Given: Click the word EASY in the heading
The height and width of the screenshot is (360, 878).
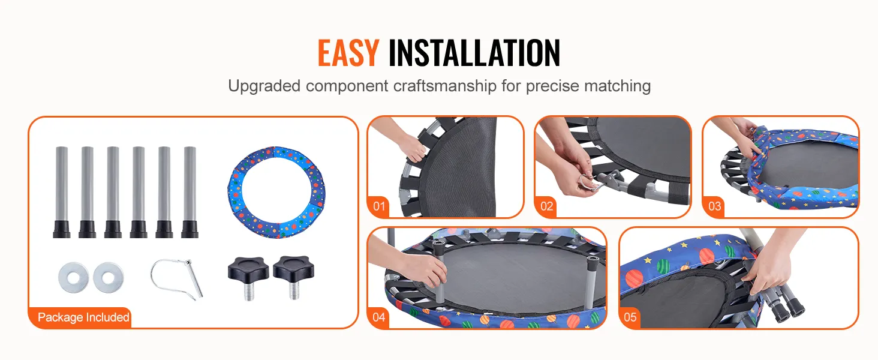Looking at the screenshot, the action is pyautogui.click(x=348, y=53).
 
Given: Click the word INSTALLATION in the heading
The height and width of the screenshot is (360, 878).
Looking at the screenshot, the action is pyautogui.click(x=474, y=53).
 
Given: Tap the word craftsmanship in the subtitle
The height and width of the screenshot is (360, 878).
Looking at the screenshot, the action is pyautogui.click(x=445, y=86).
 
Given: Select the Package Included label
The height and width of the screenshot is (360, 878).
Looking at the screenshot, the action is pyautogui.click(x=83, y=317).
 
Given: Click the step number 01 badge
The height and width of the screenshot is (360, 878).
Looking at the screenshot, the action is pyautogui.click(x=379, y=206).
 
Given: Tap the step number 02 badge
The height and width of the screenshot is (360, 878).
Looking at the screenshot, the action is pyautogui.click(x=546, y=206).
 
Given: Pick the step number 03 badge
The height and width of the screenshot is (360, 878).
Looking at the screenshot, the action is pyautogui.click(x=714, y=206).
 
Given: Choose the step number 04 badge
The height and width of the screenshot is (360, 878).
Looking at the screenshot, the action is pyautogui.click(x=379, y=317).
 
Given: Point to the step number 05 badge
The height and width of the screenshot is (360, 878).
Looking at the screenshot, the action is pyautogui.click(x=630, y=317).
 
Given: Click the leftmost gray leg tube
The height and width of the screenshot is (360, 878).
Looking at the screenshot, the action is pyautogui.click(x=62, y=192).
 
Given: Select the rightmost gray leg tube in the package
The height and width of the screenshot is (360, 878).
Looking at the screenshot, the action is pyautogui.click(x=190, y=192).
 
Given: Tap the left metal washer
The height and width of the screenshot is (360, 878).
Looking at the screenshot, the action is pyautogui.click(x=73, y=277).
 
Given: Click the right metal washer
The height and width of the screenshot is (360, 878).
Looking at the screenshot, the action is pyautogui.click(x=108, y=277).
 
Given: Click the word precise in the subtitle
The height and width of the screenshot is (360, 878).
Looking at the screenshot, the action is pyautogui.click(x=552, y=86).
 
